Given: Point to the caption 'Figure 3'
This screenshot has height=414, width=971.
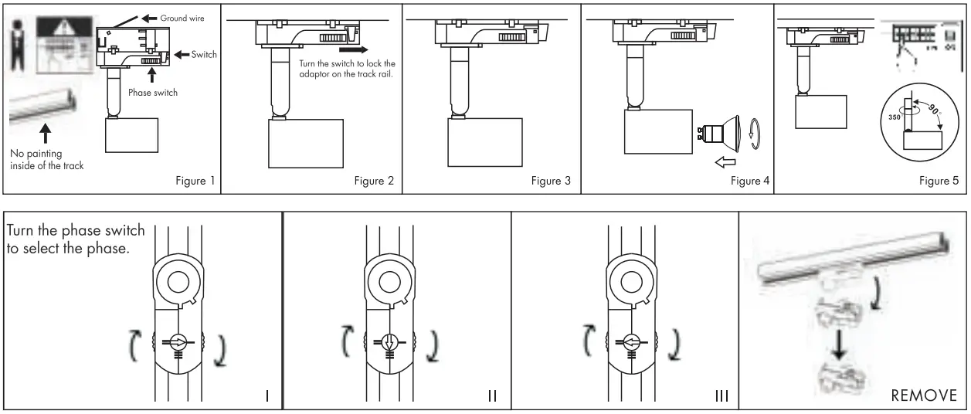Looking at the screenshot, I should click(x=553, y=181).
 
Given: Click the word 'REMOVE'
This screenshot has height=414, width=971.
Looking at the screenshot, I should click(x=925, y=395).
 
